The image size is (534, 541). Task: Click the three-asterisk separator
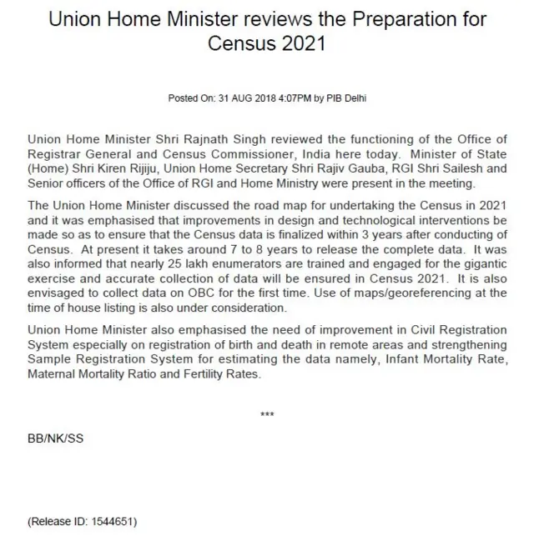pos(267,415)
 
